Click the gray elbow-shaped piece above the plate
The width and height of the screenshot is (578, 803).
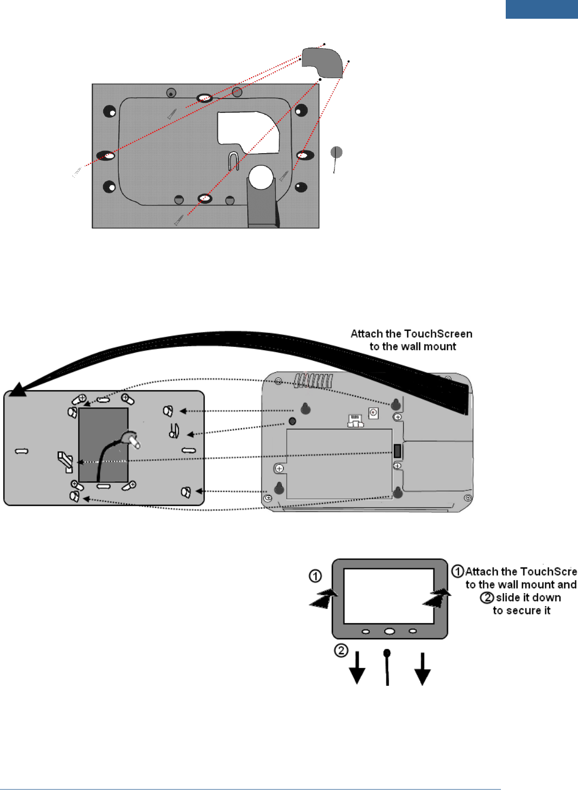(x=322, y=62)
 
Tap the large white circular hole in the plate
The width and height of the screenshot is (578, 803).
(x=261, y=177)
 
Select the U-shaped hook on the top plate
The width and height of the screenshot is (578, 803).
(x=233, y=161)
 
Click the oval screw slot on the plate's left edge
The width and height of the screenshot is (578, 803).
(x=106, y=156)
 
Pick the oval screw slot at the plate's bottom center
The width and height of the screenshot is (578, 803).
(x=205, y=199)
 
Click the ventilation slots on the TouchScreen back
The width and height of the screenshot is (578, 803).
(x=314, y=381)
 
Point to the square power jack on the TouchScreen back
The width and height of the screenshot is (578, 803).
(x=373, y=413)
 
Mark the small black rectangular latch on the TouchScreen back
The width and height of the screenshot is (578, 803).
(x=397, y=451)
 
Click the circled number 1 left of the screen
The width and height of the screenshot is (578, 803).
(x=315, y=576)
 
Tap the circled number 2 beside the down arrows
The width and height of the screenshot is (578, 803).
(x=341, y=650)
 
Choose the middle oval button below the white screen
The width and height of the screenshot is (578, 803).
(x=389, y=631)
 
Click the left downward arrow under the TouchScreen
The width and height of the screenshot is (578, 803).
(x=357, y=670)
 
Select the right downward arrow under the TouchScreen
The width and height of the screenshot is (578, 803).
(x=422, y=670)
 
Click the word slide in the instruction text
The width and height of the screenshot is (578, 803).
(x=507, y=597)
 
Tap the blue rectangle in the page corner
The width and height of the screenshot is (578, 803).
(x=541, y=9)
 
